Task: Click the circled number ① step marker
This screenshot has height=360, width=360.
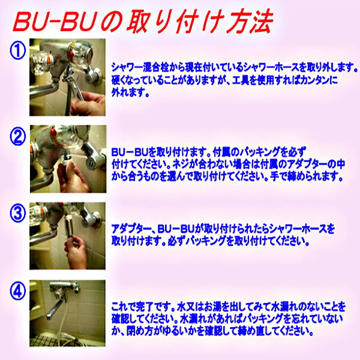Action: [17, 50]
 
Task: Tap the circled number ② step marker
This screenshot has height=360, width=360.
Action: [18, 136]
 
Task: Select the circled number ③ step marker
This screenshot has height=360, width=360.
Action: [18, 213]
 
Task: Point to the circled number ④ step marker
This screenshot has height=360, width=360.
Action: [18, 290]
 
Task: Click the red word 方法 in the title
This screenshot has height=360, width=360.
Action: [250, 22]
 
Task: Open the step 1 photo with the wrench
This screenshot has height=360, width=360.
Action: [67, 77]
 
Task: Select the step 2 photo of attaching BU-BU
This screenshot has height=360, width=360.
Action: [68, 159]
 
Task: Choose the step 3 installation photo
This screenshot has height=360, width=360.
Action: [67, 236]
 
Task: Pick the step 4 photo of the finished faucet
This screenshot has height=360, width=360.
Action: [67, 313]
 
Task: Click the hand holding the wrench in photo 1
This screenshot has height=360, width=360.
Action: [88, 104]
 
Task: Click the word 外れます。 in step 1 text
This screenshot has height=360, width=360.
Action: [130, 92]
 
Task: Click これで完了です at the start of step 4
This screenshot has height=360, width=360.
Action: [140, 307]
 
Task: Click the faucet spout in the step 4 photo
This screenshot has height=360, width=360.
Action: [56, 308]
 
